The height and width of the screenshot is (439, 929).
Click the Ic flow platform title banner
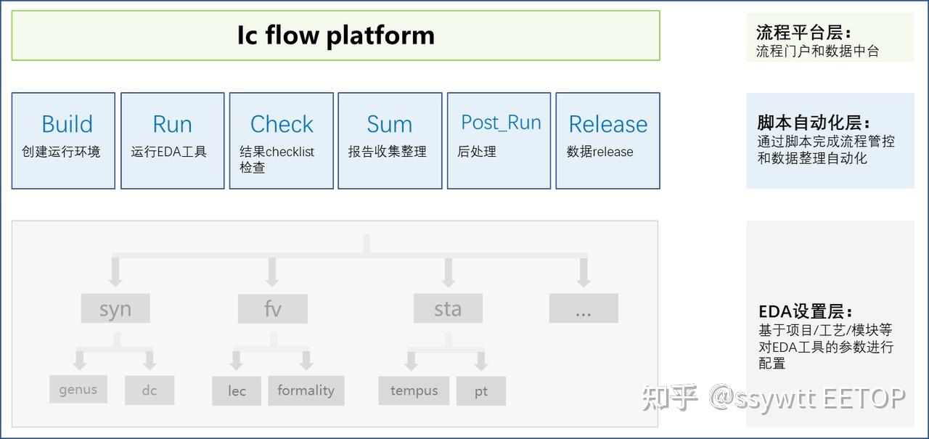click(x=335, y=36)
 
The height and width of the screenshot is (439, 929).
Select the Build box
click(x=63, y=140)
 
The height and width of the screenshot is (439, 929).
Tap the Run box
click(x=172, y=140)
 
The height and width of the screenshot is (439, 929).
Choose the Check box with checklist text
click(x=281, y=140)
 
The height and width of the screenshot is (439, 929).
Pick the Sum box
click(x=390, y=140)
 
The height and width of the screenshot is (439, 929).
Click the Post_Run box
click(x=499, y=140)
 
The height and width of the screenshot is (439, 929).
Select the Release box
click(x=607, y=140)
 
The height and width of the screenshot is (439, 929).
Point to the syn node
click(x=115, y=309)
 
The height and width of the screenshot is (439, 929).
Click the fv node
click(x=272, y=309)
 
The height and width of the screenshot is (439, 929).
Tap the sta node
click(x=448, y=309)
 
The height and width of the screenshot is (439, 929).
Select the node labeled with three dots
click(x=584, y=309)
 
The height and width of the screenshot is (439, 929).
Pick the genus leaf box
click(x=78, y=390)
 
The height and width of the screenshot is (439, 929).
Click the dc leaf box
click(x=150, y=390)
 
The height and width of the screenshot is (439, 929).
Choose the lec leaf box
click(x=237, y=391)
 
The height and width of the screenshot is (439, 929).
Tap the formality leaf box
click(x=306, y=390)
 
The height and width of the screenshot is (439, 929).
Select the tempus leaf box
click(x=414, y=391)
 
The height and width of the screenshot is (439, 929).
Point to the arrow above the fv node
click(x=272, y=273)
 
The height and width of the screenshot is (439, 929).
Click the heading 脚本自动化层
click(x=813, y=123)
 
